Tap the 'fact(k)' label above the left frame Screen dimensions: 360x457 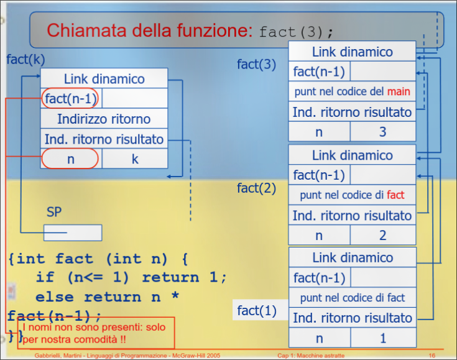click(25, 60)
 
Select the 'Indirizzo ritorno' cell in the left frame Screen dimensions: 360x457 click(104, 119)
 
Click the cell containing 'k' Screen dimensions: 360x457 click(135, 159)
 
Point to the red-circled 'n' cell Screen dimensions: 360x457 click(70, 159)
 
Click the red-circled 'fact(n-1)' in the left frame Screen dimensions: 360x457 click(71, 99)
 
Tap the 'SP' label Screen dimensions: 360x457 click(54, 212)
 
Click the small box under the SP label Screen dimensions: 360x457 click(72, 233)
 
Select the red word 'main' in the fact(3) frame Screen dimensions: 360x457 click(399, 92)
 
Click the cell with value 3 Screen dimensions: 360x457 click(382, 132)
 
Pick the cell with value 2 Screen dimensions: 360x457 click(382, 236)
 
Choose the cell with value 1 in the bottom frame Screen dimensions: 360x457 click(382, 338)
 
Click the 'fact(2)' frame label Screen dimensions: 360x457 click(256, 188)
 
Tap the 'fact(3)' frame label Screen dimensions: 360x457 click(256, 64)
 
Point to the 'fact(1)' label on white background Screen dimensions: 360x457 click(256, 310)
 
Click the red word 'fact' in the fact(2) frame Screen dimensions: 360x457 click(395, 195)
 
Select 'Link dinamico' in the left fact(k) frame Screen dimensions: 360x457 click(104, 79)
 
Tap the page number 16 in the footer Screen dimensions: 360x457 click(432, 355)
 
